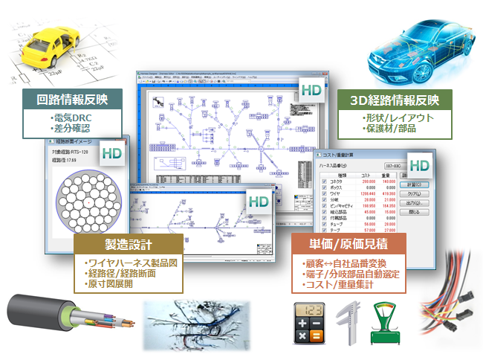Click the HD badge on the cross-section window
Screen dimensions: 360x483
coord(112,153)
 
